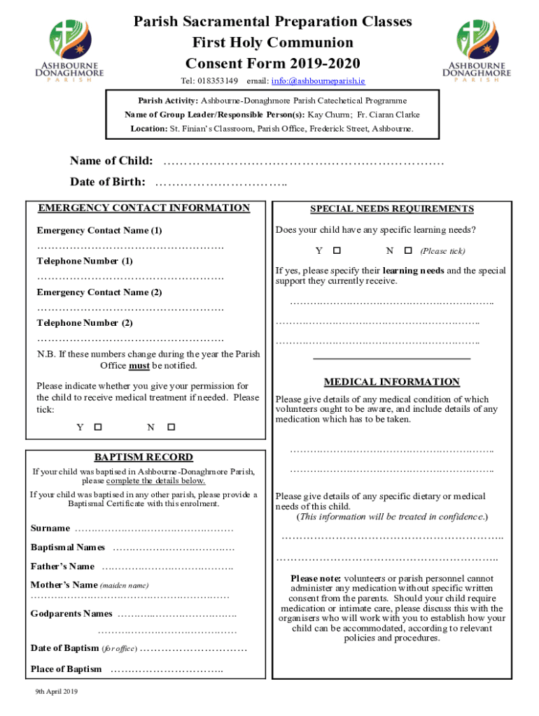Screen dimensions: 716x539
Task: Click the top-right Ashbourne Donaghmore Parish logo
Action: pos(479,50)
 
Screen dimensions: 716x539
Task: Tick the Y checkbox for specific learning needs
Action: pos(337,250)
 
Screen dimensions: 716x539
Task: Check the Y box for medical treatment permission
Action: pos(98,427)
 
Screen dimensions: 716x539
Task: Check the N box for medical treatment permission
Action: pos(170,427)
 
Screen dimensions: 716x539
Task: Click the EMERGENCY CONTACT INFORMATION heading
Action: pos(143,208)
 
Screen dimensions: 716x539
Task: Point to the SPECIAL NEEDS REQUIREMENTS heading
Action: pos(392,209)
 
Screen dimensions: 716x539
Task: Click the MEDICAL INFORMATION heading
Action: pos(391,382)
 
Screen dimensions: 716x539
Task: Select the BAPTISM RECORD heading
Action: pos(143,457)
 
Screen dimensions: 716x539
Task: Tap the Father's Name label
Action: pos(62,566)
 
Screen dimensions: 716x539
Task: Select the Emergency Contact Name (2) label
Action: pos(99,292)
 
